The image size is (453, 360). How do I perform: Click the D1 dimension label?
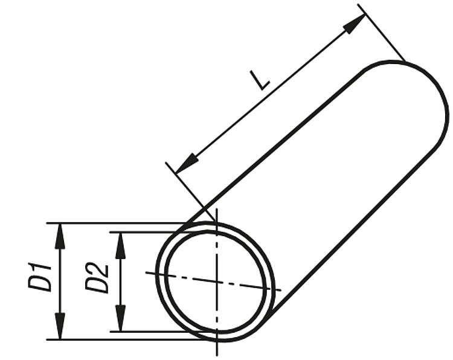pos(40,277)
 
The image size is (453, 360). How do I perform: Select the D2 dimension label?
pos(97,278)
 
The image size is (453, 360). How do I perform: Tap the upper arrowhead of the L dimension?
pos(355,24)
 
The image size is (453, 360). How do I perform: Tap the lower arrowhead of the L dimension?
pos(187,164)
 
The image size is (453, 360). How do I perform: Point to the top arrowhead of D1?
pos(60,236)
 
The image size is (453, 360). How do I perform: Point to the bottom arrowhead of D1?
pos(60,327)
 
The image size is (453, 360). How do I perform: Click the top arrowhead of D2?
pos(120,245)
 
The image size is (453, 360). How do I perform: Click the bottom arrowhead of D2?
pos(120,318)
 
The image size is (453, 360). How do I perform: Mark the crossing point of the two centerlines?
pos(217,281)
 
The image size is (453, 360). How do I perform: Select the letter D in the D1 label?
pos(40,282)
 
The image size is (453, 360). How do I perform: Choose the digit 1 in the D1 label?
pos(40,267)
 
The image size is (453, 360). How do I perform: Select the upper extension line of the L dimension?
pos(381,33)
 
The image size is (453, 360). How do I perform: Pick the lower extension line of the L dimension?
pos(190,191)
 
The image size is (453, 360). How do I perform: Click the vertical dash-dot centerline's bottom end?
pos(217,355)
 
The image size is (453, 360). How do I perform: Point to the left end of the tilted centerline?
pos(146,272)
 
